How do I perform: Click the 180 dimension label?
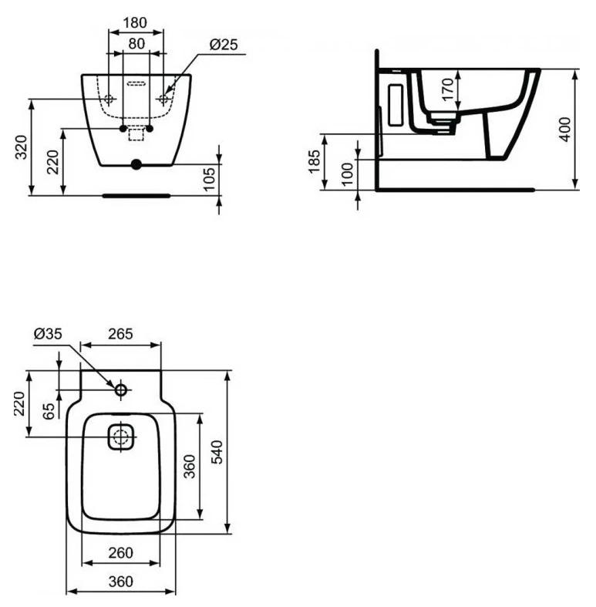point(135,23)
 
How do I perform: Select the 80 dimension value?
point(136,44)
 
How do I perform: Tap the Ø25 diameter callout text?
point(224,45)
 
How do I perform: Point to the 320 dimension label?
point(21,147)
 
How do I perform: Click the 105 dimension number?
point(210,179)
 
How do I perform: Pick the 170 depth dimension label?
point(448,89)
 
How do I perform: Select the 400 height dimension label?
point(565,130)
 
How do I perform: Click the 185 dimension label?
point(315,161)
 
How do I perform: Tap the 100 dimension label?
point(348,174)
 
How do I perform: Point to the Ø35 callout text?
point(48,333)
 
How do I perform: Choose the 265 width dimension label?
point(120,334)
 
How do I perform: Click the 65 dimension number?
point(49,411)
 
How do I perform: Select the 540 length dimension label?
point(217,452)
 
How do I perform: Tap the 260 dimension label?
point(121,553)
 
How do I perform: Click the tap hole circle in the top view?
point(121,389)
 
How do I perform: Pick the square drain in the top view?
point(121,437)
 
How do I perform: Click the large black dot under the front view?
point(136,164)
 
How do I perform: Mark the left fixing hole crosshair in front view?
point(109,99)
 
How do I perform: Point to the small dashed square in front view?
point(136,135)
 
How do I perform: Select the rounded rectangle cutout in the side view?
point(396,106)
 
